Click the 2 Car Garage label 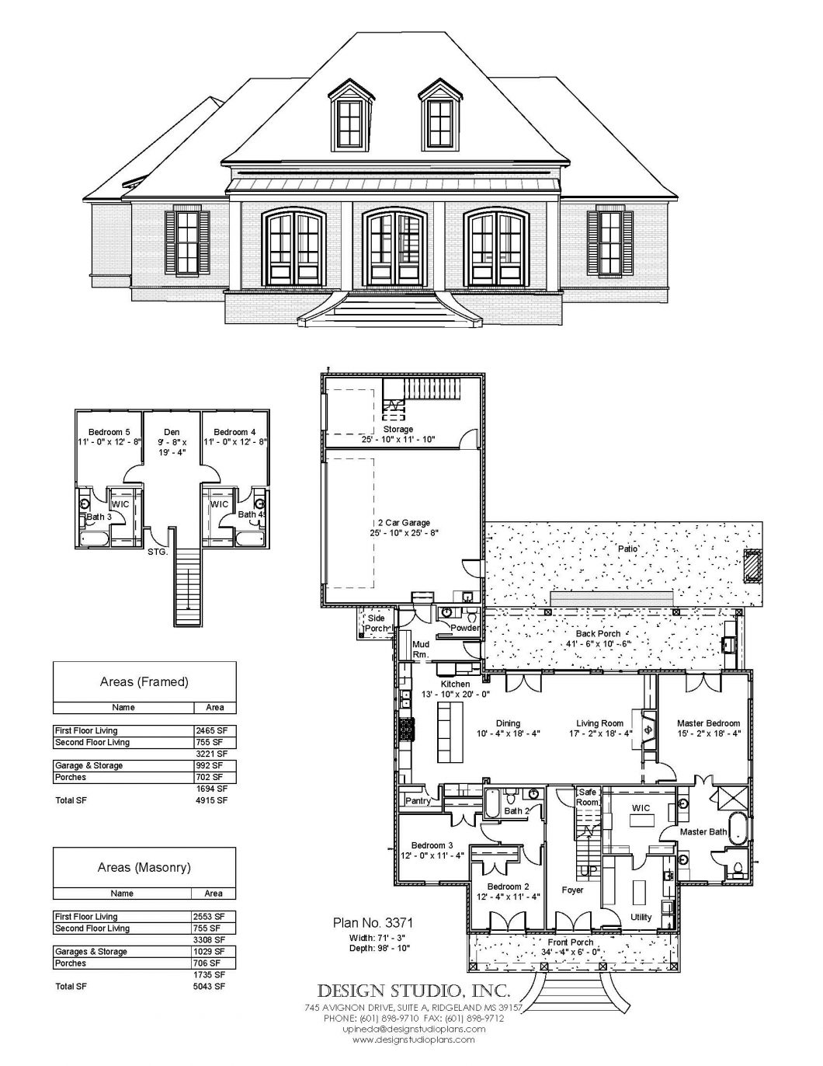[x=400, y=523]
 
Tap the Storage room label [x=398, y=429]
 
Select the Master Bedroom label [x=708, y=723]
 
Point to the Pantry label [x=418, y=801]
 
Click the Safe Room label [x=587, y=796]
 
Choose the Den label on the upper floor [x=172, y=432]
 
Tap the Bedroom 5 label [x=103, y=432]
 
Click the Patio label [x=628, y=549]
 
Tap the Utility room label [x=641, y=917]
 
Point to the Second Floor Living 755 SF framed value [x=210, y=742]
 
